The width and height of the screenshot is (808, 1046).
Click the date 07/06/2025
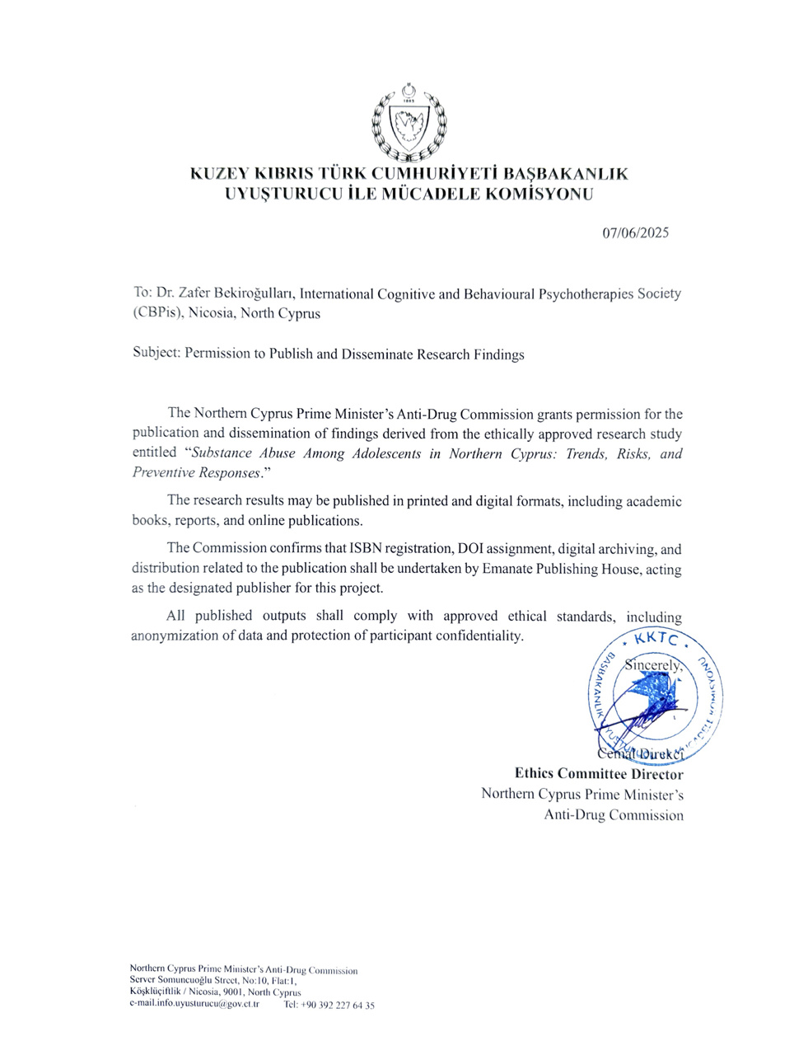635,232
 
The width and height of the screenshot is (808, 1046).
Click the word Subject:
156,354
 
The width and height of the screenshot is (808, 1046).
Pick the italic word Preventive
161,473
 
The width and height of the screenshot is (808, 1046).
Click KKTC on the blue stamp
656,640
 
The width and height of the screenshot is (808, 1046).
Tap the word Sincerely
654,664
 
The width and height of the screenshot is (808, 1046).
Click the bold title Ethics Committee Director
599,774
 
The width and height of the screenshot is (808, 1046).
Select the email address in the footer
195,1004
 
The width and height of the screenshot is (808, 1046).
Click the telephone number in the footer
329,1005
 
